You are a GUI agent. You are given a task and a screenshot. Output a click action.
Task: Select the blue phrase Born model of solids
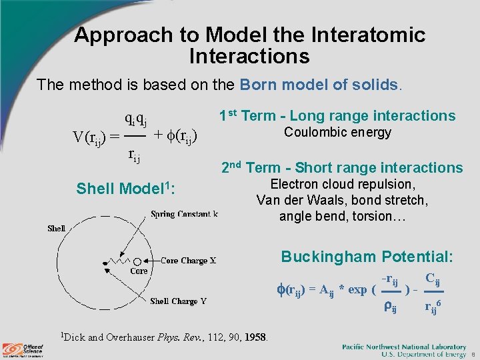point(319,85)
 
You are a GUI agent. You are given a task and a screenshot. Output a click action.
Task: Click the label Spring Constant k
point(184,214)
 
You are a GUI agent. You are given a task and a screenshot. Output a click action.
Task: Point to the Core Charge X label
point(189,261)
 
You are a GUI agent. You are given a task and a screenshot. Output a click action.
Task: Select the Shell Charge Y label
point(178,301)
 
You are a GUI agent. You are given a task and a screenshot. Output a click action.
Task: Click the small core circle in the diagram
point(138,261)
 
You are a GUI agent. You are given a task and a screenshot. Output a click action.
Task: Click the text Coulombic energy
point(337,132)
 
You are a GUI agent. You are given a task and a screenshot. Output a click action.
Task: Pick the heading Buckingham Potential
point(367,257)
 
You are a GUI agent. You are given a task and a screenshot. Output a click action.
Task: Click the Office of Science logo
point(23,349)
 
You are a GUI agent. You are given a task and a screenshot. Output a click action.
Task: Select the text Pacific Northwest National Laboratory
point(404,347)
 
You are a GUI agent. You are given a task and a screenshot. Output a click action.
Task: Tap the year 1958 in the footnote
point(255,337)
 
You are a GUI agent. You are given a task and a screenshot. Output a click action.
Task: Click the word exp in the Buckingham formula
point(357,289)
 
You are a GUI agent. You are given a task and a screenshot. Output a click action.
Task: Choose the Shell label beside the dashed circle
point(56,228)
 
